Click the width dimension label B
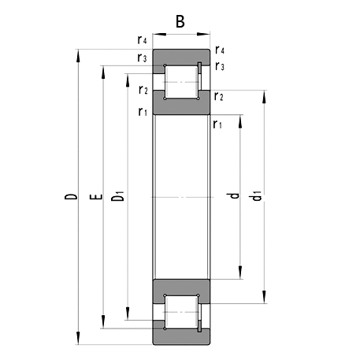click(x=180, y=21)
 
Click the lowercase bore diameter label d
click(x=232, y=196)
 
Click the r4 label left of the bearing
click(x=142, y=39)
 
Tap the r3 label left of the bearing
click(x=142, y=58)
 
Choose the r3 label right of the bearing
click(x=220, y=66)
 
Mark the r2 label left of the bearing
click(x=143, y=90)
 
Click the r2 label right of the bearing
click(x=219, y=96)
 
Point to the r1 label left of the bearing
click(x=143, y=112)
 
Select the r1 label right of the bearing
click(x=217, y=124)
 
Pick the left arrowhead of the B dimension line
click(x=156, y=34)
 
